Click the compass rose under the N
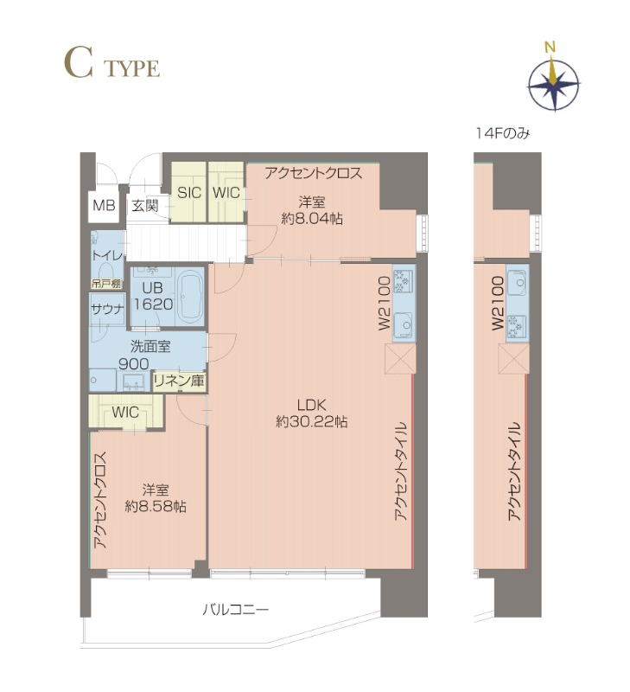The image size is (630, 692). click(x=554, y=84)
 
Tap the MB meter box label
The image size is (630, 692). click(x=104, y=205)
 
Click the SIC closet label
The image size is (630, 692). click(x=189, y=192)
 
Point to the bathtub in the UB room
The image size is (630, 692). click(x=190, y=297)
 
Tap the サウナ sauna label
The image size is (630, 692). click(x=107, y=309)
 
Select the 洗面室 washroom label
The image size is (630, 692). click(x=150, y=347)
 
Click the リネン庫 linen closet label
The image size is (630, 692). click(x=180, y=381)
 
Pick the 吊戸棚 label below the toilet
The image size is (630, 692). click(x=106, y=284)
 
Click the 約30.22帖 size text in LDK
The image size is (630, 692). click(x=312, y=422)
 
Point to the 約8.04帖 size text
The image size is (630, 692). click(x=312, y=218)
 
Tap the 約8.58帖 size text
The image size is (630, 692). click(x=156, y=506)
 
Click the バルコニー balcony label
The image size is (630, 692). click(x=235, y=610)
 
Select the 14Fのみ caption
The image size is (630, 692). click(x=502, y=133)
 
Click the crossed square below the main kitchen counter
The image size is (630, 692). click(x=400, y=359)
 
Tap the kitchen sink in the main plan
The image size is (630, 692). click(x=403, y=323)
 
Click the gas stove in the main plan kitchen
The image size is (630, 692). click(x=404, y=281)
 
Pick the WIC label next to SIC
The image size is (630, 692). click(x=226, y=192)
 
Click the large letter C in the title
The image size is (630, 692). click(x=79, y=63)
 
